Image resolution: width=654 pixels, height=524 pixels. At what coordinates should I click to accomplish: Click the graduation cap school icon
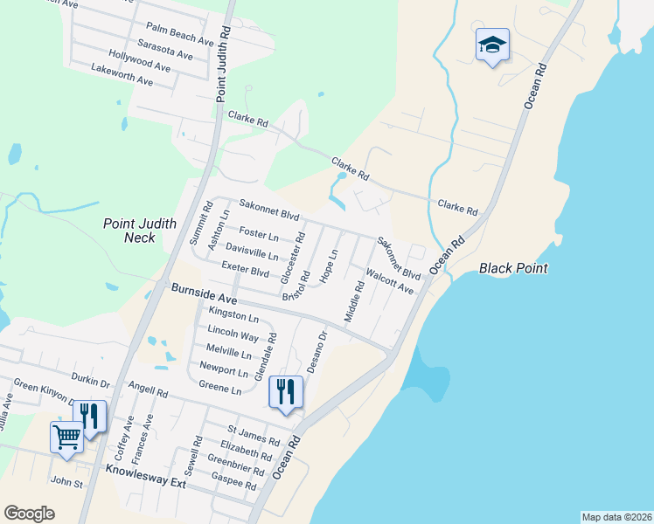[492, 45]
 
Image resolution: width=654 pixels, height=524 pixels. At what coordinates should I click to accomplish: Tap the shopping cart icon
[66, 437]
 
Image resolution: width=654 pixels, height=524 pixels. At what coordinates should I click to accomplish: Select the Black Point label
[513, 268]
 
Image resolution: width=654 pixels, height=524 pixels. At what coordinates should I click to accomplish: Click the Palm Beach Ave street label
[180, 35]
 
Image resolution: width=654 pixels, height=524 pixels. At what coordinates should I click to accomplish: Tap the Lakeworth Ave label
[122, 75]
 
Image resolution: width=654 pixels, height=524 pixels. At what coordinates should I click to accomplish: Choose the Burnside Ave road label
[205, 293]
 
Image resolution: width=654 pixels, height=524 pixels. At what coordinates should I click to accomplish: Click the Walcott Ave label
[390, 281]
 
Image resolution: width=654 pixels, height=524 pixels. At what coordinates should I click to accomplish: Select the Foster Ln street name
[259, 235]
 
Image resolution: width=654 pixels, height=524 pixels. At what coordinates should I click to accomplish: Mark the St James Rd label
[253, 435]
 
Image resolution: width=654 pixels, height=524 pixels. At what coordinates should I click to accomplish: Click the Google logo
[29, 514]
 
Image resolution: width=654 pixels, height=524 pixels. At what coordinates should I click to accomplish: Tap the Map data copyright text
[616, 517]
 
